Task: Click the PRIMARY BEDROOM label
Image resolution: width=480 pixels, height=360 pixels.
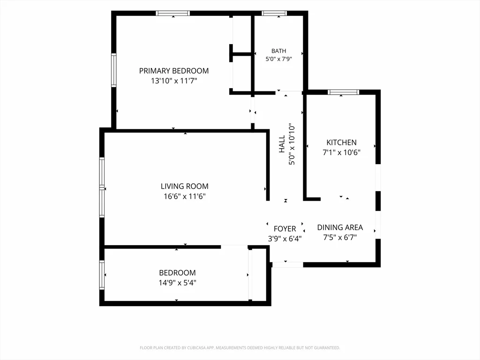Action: (x=174, y=71)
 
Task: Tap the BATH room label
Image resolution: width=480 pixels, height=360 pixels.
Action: (x=278, y=51)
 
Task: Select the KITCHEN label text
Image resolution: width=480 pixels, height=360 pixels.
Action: (x=341, y=142)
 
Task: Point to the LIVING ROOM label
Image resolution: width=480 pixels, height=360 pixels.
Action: (x=185, y=186)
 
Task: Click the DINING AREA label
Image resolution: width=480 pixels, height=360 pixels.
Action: (x=340, y=227)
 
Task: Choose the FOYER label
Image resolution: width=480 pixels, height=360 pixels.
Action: (x=285, y=229)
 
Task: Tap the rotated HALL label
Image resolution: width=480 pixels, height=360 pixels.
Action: (x=282, y=144)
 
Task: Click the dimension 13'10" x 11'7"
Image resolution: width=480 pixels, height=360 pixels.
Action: (x=174, y=81)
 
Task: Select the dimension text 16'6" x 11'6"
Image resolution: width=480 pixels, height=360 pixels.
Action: (x=185, y=196)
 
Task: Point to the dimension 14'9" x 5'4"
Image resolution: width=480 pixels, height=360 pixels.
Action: (x=177, y=283)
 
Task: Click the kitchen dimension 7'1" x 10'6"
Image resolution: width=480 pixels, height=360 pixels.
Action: (x=341, y=152)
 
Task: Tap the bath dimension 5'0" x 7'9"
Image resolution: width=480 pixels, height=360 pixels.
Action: (x=278, y=59)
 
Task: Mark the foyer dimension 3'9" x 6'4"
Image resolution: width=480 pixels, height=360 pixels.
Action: (x=285, y=239)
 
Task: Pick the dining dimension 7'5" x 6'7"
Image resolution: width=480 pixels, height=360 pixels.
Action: (x=340, y=237)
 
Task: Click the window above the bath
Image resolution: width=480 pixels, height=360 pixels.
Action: (x=274, y=13)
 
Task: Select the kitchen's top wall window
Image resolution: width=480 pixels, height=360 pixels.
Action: (x=343, y=92)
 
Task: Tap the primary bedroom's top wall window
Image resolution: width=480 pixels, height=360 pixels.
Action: (x=172, y=13)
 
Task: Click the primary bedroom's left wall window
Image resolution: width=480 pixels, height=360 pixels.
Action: (x=113, y=70)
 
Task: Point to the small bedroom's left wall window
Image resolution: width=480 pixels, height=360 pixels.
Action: (x=102, y=275)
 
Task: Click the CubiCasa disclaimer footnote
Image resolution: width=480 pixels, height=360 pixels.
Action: (x=240, y=348)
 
